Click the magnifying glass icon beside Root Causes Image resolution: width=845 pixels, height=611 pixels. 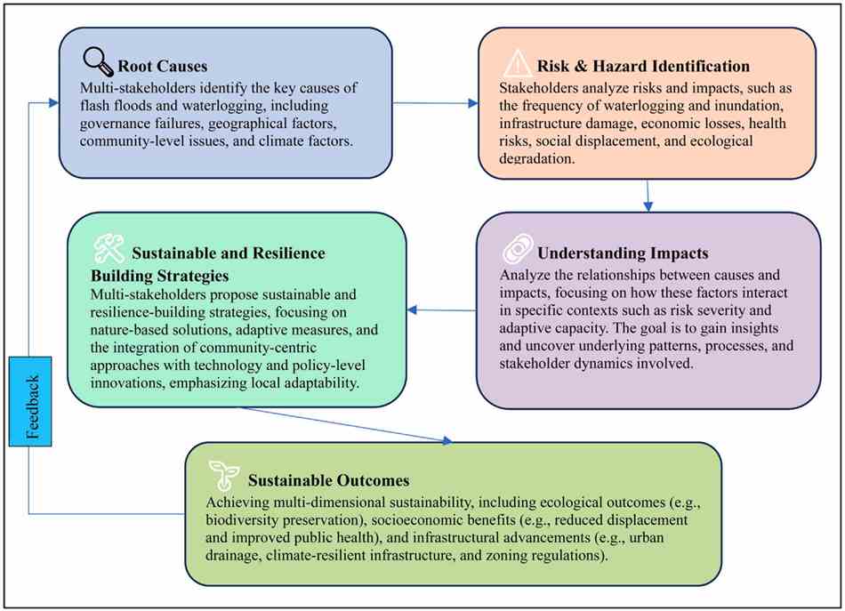point(98,60)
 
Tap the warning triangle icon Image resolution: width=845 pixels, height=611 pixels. point(518,63)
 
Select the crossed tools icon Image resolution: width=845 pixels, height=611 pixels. point(109,248)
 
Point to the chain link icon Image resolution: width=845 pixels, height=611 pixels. point(518,249)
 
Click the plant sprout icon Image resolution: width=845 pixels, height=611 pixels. point(224,475)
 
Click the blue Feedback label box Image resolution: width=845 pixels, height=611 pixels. point(30,401)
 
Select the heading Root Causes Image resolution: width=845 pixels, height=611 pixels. point(162,67)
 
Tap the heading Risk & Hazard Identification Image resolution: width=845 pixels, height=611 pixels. point(643,67)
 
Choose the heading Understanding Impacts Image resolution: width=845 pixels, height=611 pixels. point(623,253)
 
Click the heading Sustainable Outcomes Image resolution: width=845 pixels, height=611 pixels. point(329,480)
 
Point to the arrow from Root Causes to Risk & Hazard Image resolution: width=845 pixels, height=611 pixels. point(436,103)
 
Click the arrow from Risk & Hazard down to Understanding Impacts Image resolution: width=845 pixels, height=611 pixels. point(648,196)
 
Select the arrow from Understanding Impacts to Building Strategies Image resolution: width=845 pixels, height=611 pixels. point(441,310)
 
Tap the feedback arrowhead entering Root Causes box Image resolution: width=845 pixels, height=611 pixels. point(53,102)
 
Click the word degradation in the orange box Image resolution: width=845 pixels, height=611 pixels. point(536,159)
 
